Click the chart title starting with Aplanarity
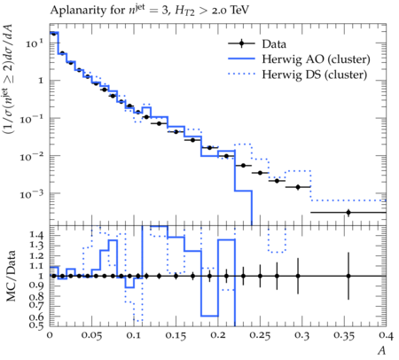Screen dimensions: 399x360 [149, 11]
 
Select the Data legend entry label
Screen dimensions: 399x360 [274, 44]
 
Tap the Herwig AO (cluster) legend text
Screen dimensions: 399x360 [316, 59]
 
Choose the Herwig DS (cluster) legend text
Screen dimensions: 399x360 [315, 74]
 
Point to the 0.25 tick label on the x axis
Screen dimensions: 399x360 [260, 336]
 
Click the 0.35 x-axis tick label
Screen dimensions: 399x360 [344, 336]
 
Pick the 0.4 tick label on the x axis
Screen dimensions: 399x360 [387, 336]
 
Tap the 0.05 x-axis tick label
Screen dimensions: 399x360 [91, 336]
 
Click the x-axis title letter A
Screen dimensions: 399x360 [382, 350]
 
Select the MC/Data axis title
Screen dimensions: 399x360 [11, 276]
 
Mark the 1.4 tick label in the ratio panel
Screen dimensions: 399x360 [36, 235]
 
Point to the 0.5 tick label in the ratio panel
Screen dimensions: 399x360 [36, 325]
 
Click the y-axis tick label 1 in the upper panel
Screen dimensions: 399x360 [41, 81]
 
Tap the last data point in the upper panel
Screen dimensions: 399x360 [348, 212]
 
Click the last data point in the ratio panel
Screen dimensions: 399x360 [348, 276]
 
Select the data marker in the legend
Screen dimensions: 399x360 [241, 43]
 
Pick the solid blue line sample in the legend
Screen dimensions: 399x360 [241, 59]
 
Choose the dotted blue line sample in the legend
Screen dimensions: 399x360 [241, 74]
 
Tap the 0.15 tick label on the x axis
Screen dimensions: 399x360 [176, 336]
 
